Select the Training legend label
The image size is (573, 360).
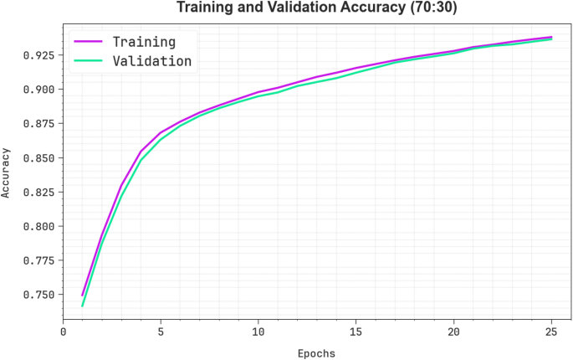144,41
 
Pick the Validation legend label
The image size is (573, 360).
152,61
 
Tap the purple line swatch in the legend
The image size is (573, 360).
89,41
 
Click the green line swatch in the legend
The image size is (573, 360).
89,61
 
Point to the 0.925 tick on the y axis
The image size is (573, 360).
39,55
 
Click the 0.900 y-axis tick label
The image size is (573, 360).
39,90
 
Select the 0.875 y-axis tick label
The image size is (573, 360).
39,124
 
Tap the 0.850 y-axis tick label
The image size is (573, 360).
39,158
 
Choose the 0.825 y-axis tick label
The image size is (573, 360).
39,193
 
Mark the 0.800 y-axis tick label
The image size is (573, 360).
39,227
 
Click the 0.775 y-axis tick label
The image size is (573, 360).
39,261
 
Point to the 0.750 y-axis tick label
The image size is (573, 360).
39,296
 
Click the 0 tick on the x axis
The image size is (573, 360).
63,332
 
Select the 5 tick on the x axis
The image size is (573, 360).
161,332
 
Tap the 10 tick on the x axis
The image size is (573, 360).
258,332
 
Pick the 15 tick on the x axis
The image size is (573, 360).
356,332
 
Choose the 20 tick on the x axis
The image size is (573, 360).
453,332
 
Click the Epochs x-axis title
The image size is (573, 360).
316,353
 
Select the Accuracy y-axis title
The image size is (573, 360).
8,173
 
